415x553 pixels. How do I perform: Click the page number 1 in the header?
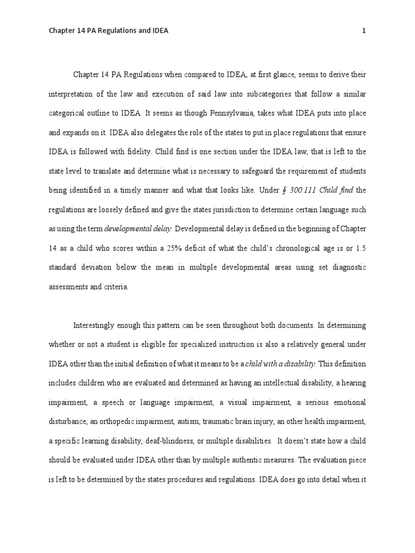click(364, 31)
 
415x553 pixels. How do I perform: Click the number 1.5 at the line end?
click(359, 248)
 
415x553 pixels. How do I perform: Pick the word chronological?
click(298, 248)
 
